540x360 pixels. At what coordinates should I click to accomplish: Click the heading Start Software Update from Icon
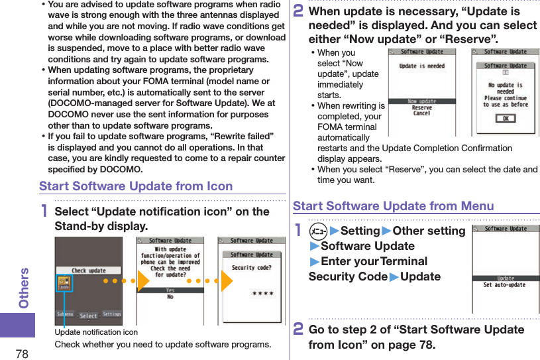click(136, 186)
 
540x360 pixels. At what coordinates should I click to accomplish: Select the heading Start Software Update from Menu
click(393, 206)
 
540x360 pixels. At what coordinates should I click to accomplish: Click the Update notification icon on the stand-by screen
click(64, 284)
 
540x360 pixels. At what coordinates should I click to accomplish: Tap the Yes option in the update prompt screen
click(170, 290)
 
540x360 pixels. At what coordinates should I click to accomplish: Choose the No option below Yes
click(170, 298)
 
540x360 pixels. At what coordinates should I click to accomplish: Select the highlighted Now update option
click(421, 101)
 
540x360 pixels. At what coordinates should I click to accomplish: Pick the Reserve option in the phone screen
click(421, 107)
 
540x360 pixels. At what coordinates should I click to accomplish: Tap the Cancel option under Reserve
click(421, 114)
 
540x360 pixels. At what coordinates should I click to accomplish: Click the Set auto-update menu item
click(505, 285)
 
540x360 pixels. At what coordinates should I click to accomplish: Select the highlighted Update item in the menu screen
click(505, 278)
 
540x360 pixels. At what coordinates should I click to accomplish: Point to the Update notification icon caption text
click(96, 332)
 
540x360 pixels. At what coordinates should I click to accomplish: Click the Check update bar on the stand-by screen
click(88, 270)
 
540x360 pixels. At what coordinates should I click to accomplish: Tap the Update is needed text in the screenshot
click(421, 66)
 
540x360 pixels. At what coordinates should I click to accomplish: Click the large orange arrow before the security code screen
click(225, 280)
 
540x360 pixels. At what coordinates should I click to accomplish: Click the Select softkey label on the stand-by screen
click(88, 316)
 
